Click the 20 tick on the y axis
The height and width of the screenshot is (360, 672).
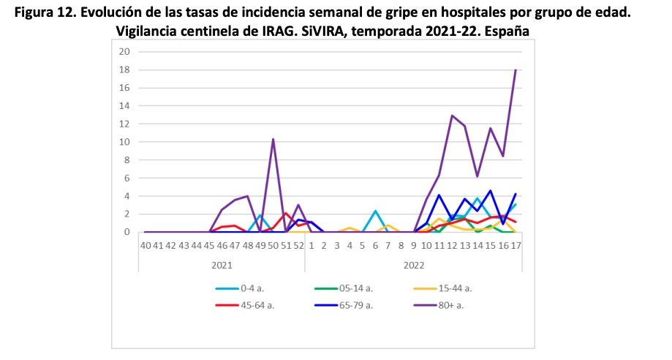pos(124,52)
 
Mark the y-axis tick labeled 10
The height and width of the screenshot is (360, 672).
pos(124,142)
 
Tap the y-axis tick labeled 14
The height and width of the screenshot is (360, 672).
pos(124,106)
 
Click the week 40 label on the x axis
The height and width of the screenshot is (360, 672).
pos(146,246)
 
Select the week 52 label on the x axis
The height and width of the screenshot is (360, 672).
pos(298,246)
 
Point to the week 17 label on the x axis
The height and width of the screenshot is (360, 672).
pos(516,246)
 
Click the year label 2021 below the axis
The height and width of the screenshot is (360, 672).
pos(222,264)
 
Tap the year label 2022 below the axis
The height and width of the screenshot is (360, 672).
pos(414,264)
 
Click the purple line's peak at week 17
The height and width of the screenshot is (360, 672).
pos(516,70)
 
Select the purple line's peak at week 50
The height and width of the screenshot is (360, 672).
pos(273,139)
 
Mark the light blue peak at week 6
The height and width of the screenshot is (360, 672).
pos(375,211)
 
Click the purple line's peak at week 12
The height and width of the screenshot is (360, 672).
pos(453,116)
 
